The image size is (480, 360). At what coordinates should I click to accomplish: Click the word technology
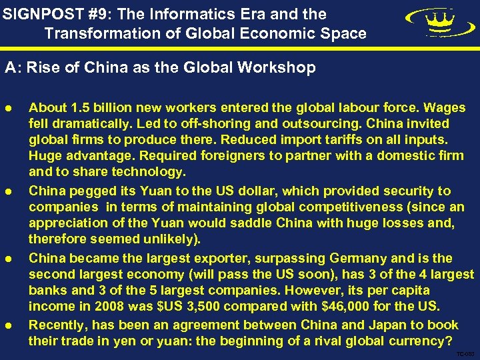pyautogui.click(x=151, y=172)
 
